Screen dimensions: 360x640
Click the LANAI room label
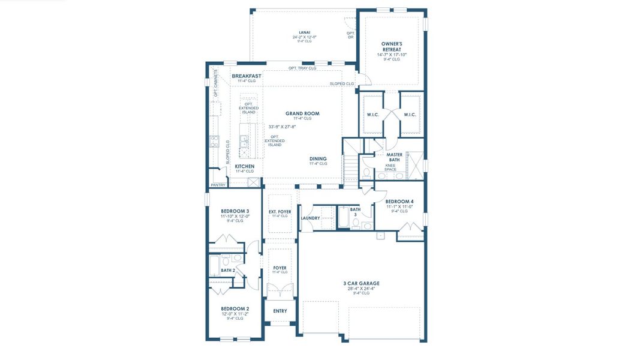point(305,32)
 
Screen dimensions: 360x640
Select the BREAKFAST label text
point(247,76)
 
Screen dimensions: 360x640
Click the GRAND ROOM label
point(302,113)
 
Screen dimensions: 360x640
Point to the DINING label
point(318,158)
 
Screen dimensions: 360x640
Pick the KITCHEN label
point(244,166)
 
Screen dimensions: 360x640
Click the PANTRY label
point(218,185)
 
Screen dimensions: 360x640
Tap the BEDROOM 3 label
point(235,211)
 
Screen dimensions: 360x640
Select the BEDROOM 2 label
point(235,308)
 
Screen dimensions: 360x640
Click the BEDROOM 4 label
point(399,202)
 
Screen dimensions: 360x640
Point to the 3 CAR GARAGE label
point(361,283)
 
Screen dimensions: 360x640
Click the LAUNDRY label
point(310,218)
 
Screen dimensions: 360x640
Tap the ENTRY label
point(280,311)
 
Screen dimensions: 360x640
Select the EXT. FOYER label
point(280,211)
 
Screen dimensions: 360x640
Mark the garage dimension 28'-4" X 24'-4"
point(361,289)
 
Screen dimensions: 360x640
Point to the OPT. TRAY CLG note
point(302,68)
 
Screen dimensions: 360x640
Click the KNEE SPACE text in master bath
point(390,167)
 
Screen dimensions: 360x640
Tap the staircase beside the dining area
point(350,162)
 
